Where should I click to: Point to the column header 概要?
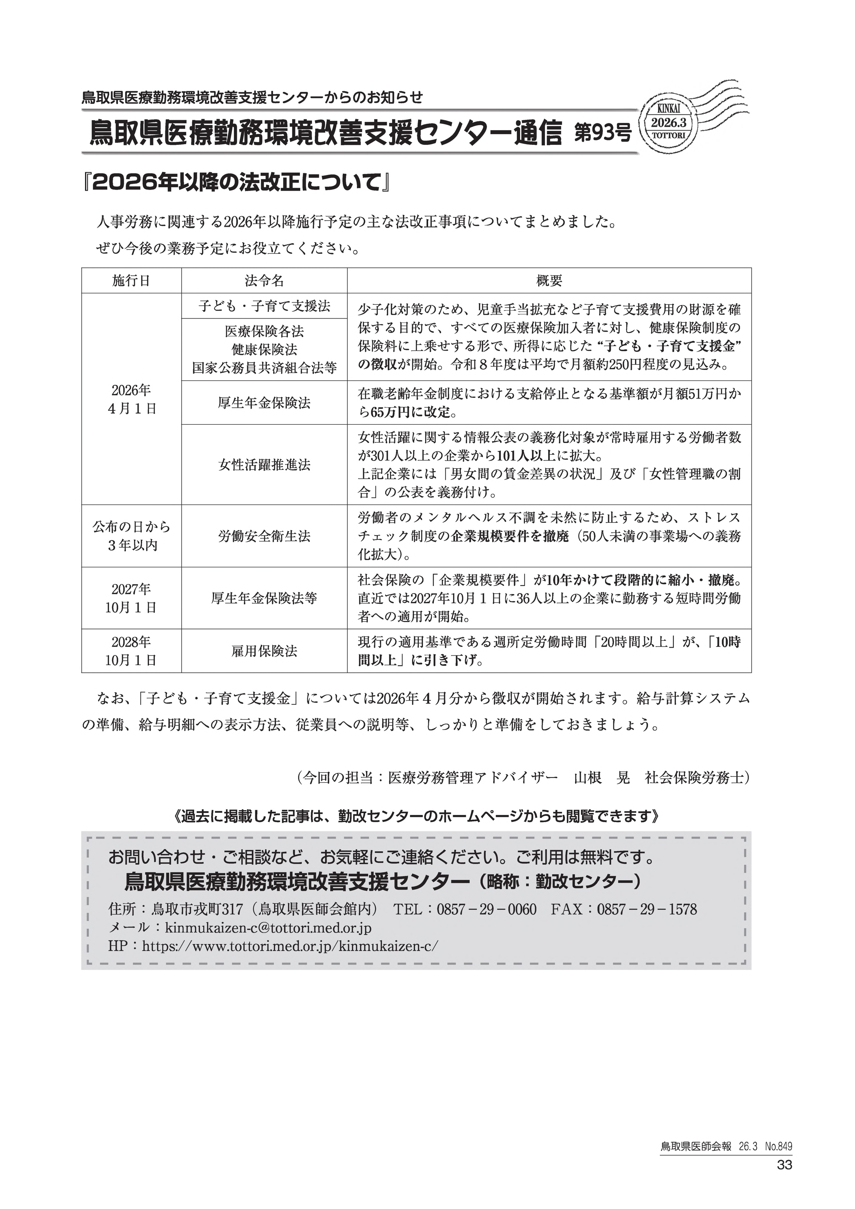coord(549,281)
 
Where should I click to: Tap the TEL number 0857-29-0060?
coord(487,910)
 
